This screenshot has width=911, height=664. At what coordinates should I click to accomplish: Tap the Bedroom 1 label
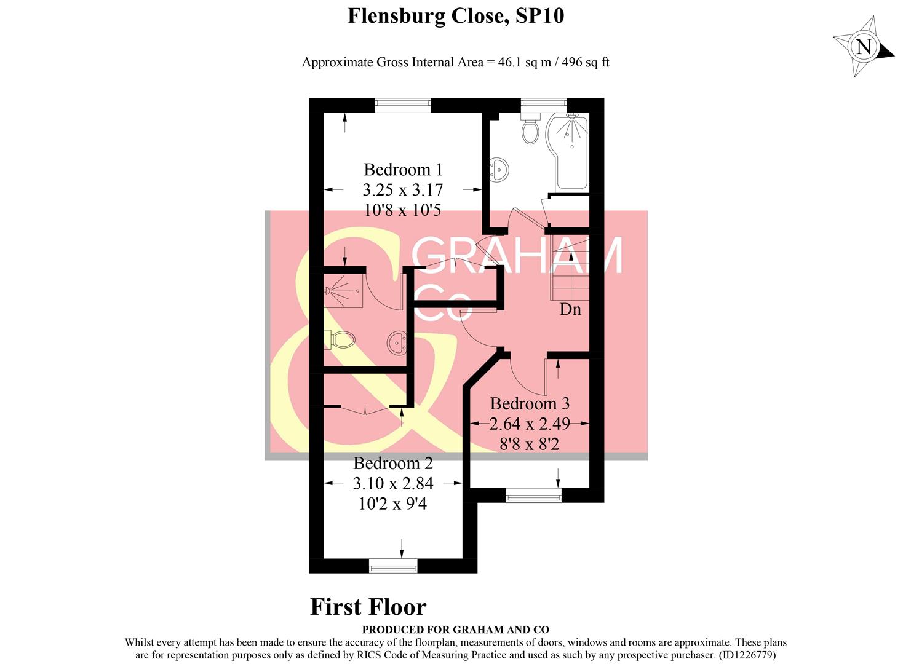tap(403, 169)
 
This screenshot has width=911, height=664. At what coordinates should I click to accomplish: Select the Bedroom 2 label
tap(393, 463)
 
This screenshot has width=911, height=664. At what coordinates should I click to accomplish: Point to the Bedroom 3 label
tap(530, 403)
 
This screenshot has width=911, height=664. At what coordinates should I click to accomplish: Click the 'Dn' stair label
tap(570, 309)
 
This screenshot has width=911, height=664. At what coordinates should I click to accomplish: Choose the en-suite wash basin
tap(397, 342)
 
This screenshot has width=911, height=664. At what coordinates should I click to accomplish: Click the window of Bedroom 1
tap(403, 105)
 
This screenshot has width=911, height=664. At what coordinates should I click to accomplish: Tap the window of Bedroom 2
tap(393, 566)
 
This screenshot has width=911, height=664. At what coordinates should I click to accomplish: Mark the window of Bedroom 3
tap(533, 495)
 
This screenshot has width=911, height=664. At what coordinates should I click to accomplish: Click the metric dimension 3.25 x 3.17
tap(403, 190)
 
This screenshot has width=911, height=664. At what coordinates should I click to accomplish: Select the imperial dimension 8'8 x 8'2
tap(530, 443)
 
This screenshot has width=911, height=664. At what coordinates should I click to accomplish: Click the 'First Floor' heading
tap(368, 607)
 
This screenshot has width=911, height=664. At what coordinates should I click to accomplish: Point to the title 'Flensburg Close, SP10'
tap(456, 15)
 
